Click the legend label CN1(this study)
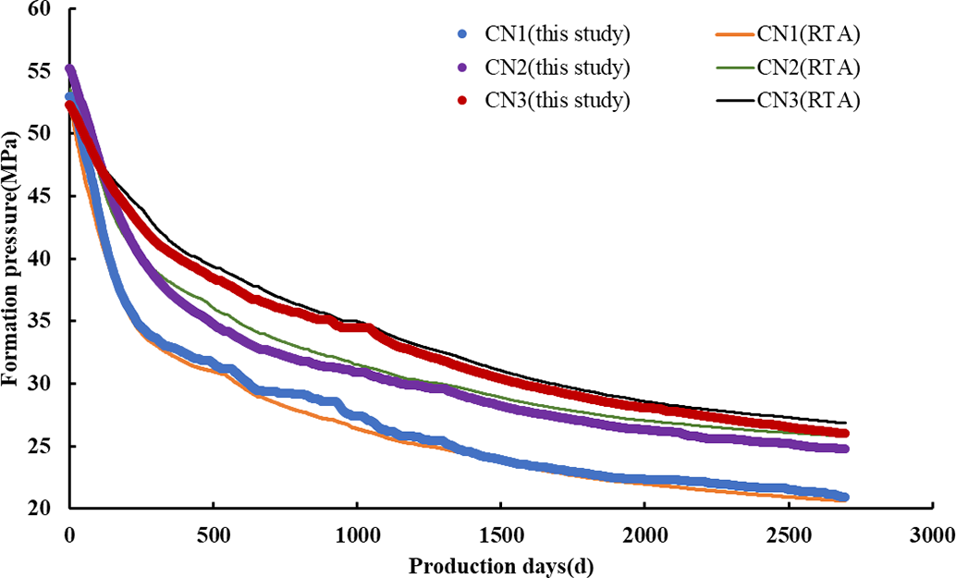pos(558,36)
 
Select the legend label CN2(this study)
pos(558,68)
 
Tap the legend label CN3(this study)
pos(558,100)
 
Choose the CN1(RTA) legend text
pos(808,36)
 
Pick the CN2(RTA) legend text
pos(808,68)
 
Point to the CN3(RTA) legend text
pos(808,100)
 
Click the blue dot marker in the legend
pos(462,36)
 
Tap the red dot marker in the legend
pos(462,100)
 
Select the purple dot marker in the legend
pos(462,68)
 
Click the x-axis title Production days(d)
pos(499,564)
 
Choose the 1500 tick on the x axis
pos(500,535)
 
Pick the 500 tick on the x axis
pos(213,535)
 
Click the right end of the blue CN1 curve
pos(843,498)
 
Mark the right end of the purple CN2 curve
pos(843,449)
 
